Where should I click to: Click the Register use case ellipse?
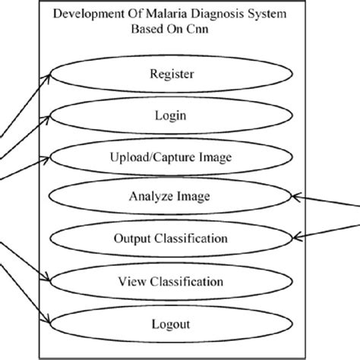172,74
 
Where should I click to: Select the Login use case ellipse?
172,116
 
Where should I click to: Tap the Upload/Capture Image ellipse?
172,157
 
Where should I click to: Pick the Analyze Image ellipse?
172,197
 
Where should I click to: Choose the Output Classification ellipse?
172,238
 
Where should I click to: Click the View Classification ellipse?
172,283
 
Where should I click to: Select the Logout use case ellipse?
172,324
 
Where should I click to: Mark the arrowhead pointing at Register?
52,74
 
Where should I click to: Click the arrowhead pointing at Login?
52,115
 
